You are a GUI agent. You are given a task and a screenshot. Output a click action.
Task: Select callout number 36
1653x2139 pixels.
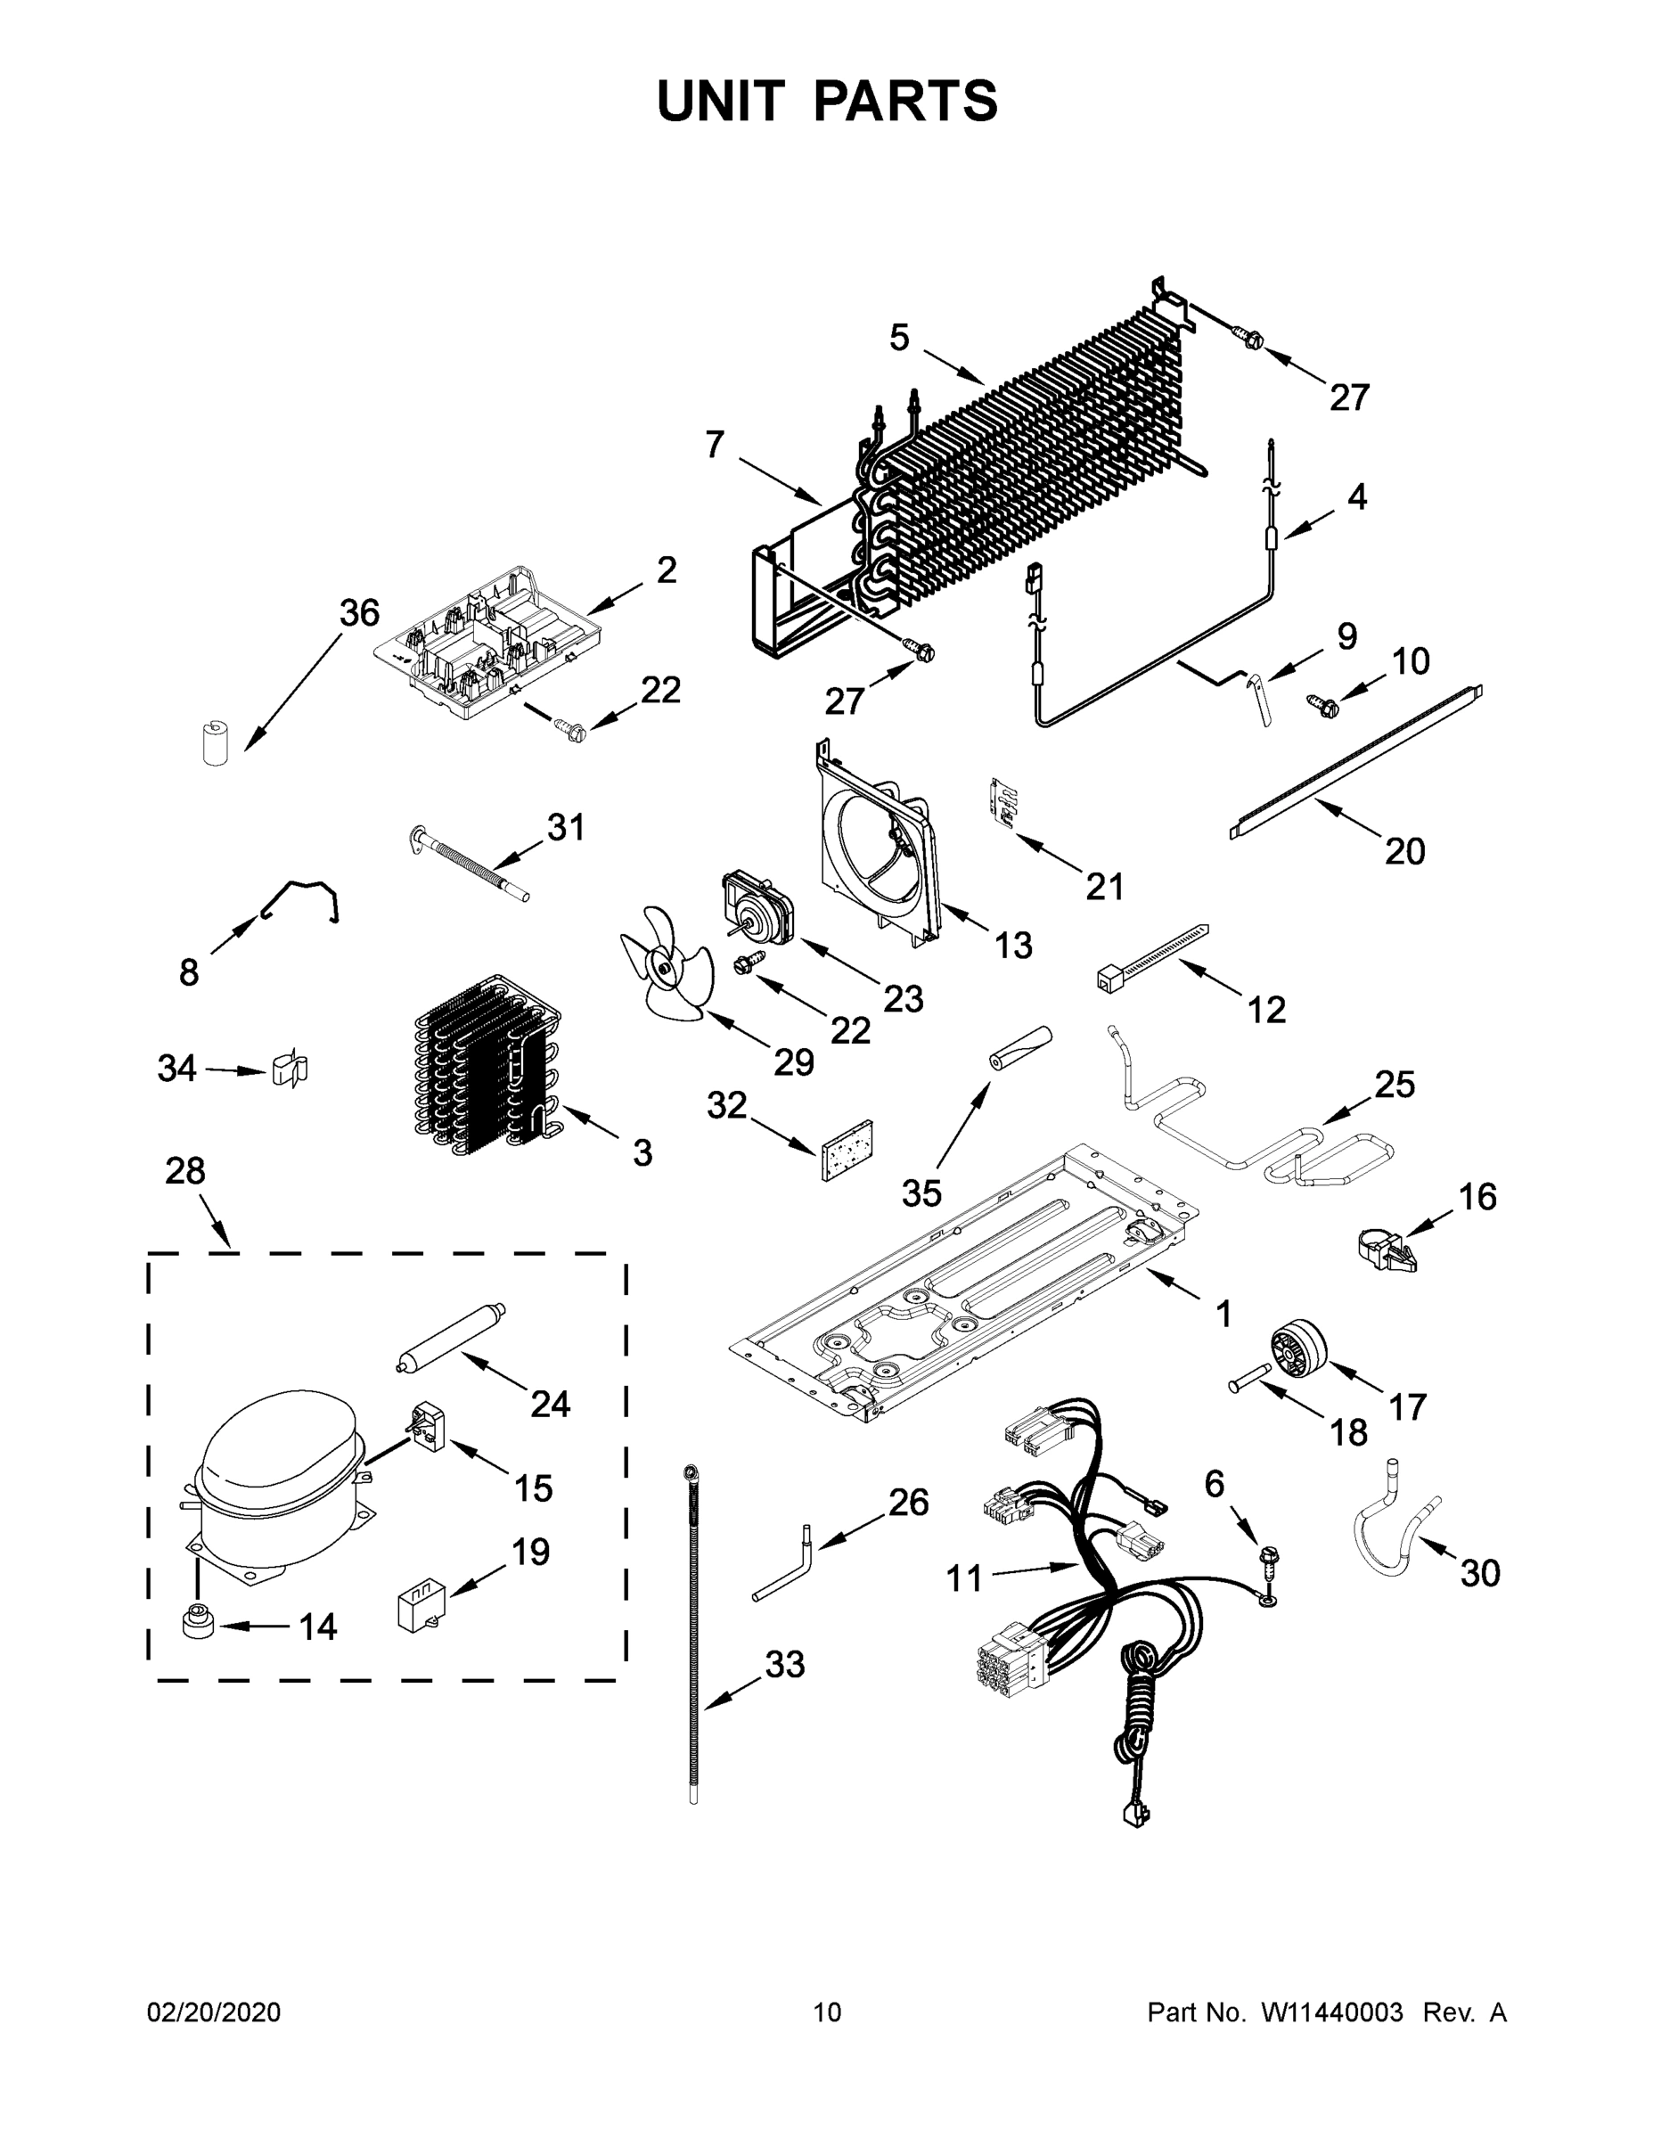[x=358, y=613]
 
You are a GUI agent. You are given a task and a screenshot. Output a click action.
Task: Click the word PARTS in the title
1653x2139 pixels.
[x=904, y=101]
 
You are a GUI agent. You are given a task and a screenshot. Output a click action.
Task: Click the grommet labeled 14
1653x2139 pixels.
[x=197, y=1622]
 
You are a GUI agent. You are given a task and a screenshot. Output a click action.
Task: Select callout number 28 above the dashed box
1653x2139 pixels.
[x=185, y=1170]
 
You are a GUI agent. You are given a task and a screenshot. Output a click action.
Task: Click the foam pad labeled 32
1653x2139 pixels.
[x=848, y=1149]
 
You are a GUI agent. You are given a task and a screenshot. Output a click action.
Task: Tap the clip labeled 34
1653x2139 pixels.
[x=288, y=1069]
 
